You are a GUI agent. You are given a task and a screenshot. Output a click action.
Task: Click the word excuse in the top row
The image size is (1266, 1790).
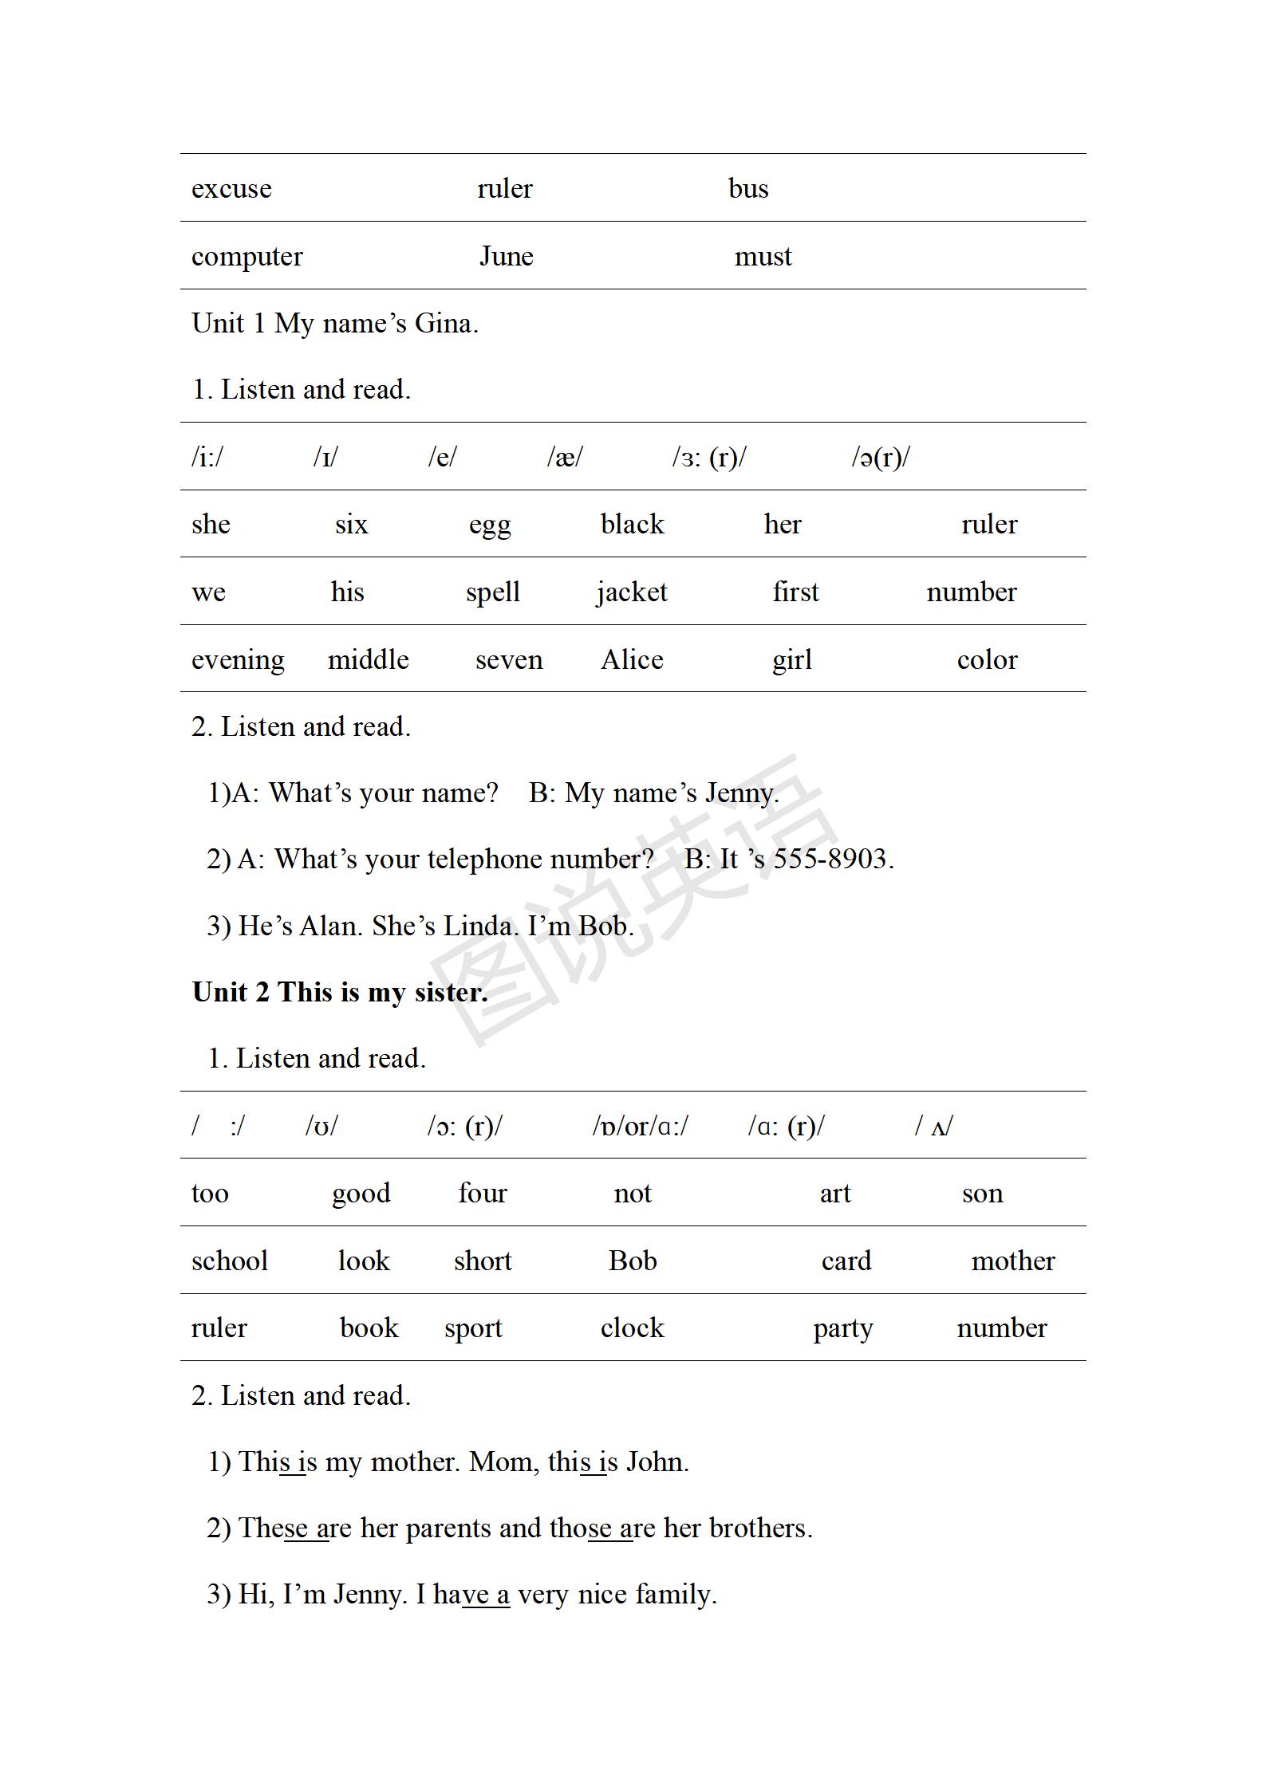pyautogui.click(x=231, y=189)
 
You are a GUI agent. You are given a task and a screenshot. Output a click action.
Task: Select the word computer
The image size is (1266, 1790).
pyautogui.click(x=246, y=257)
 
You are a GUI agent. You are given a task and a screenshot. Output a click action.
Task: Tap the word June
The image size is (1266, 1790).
pyautogui.click(x=506, y=257)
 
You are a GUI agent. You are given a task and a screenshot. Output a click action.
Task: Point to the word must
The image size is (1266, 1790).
pyautogui.click(x=763, y=257)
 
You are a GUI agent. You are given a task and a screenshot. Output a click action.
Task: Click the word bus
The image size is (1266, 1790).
pyautogui.click(x=747, y=189)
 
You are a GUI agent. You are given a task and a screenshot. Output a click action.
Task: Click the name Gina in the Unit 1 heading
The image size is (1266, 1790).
pyautogui.click(x=444, y=324)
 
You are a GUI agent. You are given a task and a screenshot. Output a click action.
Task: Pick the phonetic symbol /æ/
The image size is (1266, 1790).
pyautogui.click(x=565, y=458)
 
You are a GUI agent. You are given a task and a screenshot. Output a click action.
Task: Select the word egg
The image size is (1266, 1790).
pyautogui.click(x=489, y=525)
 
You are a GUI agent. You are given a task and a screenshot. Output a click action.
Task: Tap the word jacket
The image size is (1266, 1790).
pyautogui.click(x=631, y=592)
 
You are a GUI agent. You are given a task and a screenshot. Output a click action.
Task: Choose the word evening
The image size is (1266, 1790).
pyautogui.click(x=237, y=660)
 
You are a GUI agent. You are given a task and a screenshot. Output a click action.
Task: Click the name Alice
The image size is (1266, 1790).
pyautogui.click(x=631, y=660)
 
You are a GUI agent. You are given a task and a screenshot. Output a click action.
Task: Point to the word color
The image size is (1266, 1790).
pyautogui.click(x=987, y=660)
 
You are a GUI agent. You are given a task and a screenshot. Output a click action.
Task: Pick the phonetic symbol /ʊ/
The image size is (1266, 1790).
pyautogui.click(x=321, y=1126)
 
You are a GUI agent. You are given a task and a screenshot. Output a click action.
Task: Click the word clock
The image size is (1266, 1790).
pyautogui.click(x=631, y=1328)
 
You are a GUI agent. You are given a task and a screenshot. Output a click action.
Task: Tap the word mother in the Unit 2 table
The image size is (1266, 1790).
pyautogui.click(x=1012, y=1261)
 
